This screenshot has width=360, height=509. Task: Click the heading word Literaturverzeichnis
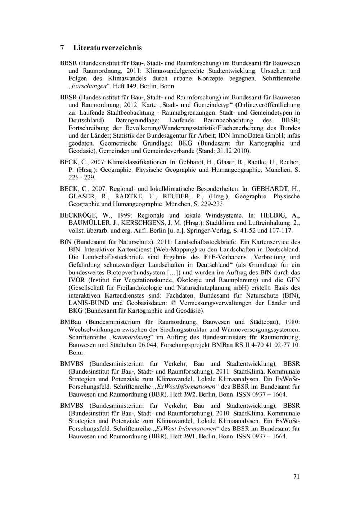108,48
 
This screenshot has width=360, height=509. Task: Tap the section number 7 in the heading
62,48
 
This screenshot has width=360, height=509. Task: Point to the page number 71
296,477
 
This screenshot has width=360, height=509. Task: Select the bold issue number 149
131,86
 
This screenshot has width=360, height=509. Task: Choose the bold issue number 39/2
188,394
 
